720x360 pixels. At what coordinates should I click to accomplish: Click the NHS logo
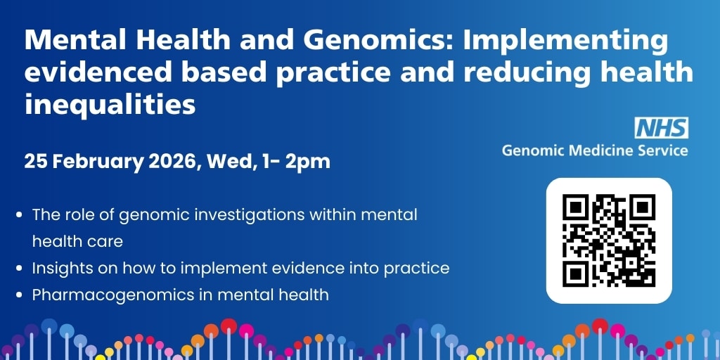[662, 128]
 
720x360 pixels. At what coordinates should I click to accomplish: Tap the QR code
[609, 240]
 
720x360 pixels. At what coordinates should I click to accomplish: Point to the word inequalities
[110, 103]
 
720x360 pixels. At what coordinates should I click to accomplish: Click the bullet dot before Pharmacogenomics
[19, 295]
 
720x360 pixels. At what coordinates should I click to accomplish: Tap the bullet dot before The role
[19, 215]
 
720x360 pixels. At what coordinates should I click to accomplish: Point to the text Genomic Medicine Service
[595, 150]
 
